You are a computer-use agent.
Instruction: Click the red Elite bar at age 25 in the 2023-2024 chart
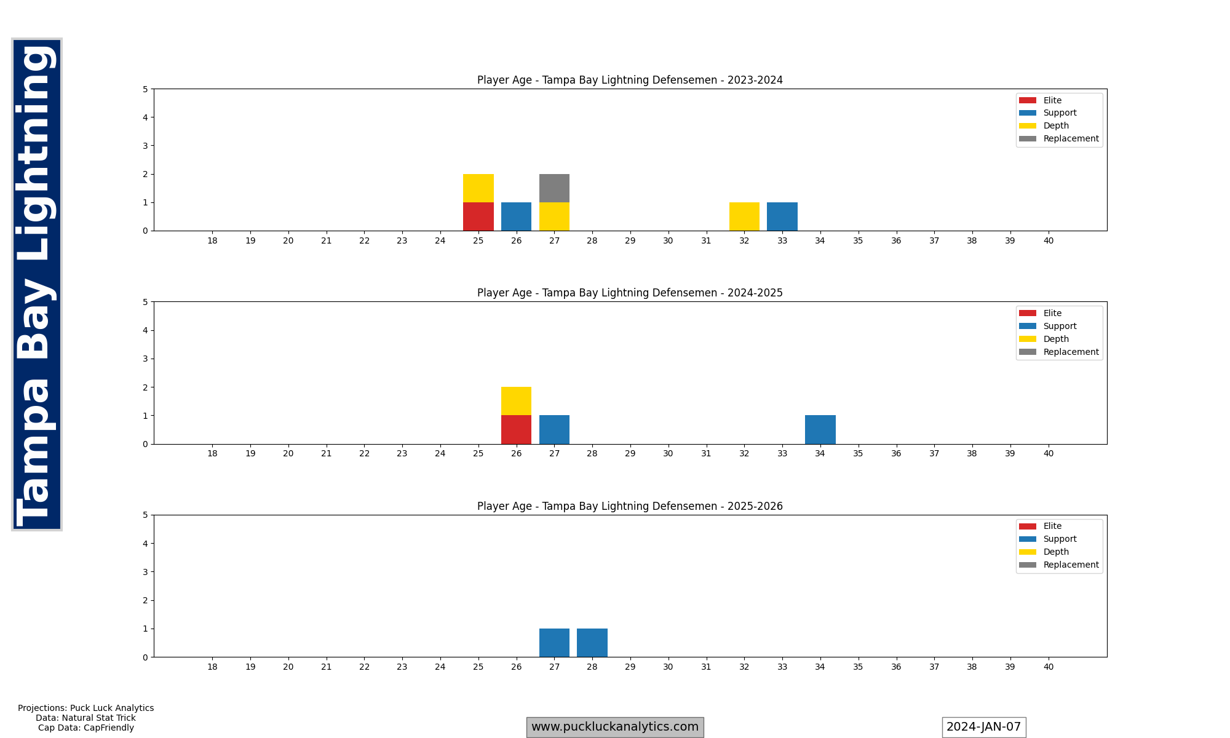[478, 216]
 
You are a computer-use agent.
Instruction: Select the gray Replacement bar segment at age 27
[554, 188]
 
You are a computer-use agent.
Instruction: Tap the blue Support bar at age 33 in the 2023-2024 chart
[782, 216]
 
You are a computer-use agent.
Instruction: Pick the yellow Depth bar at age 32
[744, 216]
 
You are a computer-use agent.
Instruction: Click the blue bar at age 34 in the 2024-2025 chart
[820, 429]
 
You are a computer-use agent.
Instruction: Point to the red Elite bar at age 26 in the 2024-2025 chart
[516, 429]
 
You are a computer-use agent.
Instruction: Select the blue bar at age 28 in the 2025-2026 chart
[592, 643]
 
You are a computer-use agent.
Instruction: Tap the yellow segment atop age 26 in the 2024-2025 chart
[516, 401]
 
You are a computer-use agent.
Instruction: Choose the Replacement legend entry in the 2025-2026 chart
[1070, 565]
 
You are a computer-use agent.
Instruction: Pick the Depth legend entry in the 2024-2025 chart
[1055, 339]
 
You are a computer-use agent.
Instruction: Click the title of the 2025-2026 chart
[630, 506]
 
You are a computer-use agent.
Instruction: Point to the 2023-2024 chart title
[630, 80]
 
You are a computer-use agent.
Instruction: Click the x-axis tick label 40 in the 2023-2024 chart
[1048, 240]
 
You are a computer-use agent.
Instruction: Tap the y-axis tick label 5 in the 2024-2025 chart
[145, 302]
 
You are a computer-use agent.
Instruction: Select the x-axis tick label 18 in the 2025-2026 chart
[212, 667]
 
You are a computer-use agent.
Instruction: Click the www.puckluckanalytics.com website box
[614, 727]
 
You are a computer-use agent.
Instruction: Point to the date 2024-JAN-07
[983, 727]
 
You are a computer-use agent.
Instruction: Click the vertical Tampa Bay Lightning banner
[37, 284]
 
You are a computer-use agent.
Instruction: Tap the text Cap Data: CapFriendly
[86, 728]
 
